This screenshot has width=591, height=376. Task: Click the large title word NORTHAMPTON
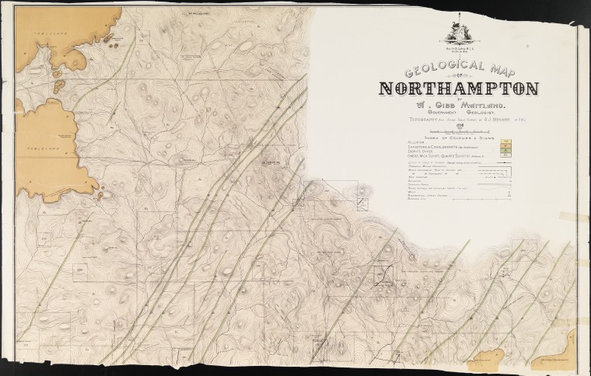[458, 87]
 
